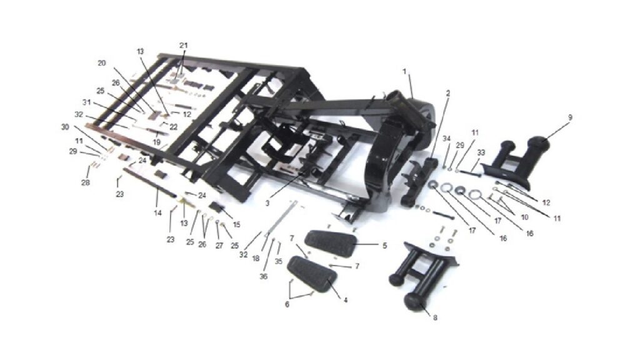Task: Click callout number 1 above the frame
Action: (404, 72)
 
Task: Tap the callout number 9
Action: (570, 117)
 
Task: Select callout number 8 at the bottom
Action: (435, 317)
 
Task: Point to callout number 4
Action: (345, 300)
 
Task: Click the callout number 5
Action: (384, 246)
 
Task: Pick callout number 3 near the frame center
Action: (287, 304)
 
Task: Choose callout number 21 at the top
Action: (183, 45)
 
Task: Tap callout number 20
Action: (102, 63)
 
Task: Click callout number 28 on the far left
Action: (85, 182)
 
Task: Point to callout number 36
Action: (264, 276)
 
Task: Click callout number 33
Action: (481, 152)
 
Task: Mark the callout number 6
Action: (287, 304)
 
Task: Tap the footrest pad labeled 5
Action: (332, 243)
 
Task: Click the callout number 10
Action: (524, 217)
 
